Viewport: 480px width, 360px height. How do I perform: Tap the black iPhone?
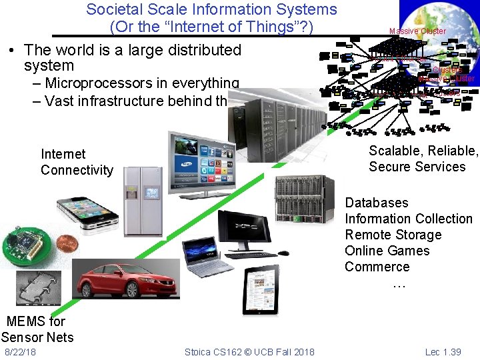coord(87,212)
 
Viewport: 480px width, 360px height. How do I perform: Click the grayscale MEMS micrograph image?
coord(38,287)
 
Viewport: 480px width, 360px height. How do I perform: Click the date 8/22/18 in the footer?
coord(20,351)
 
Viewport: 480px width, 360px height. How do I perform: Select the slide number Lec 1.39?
coord(443,351)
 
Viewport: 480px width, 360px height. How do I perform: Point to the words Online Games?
coord(387,251)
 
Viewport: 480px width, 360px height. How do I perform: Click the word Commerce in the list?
coord(377,267)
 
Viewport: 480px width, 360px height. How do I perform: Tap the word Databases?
coord(376,203)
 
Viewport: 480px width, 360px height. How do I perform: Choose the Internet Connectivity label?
coord(77,162)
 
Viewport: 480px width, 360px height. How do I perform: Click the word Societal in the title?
coord(110,9)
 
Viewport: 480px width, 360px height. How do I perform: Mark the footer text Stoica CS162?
coord(216,351)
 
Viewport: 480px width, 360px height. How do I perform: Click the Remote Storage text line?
coord(393,235)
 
